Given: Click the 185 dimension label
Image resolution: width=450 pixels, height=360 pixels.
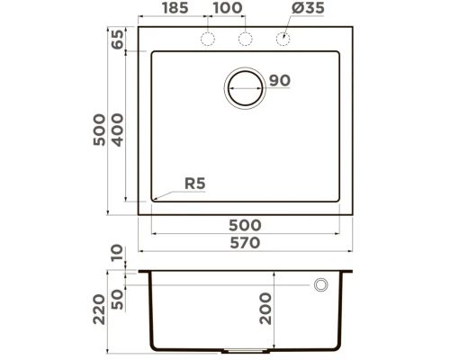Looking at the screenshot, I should (x=174, y=9).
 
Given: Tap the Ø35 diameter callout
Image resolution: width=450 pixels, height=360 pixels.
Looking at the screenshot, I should (x=298, y=9).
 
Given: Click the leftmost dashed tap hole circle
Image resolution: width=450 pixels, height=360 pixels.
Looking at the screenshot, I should (x=208, y=38).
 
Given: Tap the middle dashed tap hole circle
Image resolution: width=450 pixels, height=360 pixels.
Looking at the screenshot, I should (x=245, y=38).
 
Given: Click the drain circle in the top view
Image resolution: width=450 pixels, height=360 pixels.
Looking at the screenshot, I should (x=245, y=88).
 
